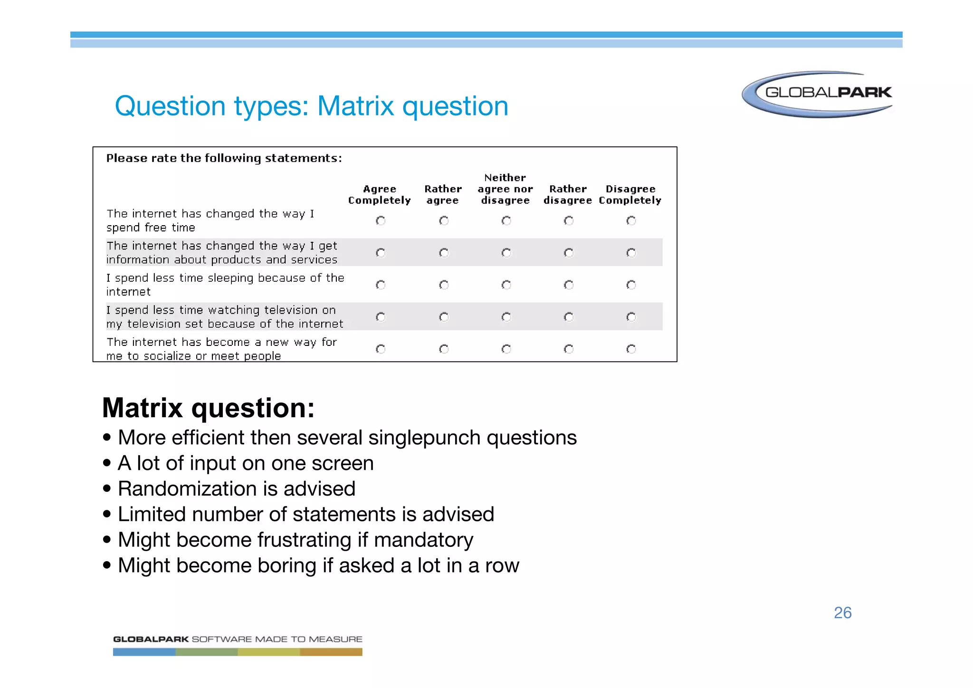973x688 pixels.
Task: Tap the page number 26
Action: coord(842,612)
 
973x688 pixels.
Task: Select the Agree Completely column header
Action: coord(379,195)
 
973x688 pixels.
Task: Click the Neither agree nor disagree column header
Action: coord(505,189)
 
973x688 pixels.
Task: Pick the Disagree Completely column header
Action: coord(630,195)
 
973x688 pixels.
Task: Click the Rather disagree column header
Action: coord(568,195)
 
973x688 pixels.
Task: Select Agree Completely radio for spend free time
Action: coord(381,220)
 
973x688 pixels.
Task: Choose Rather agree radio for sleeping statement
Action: coord(444,285)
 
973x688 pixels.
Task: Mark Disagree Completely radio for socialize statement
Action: coord(631,349)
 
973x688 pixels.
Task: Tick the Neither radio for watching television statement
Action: coord(506,317)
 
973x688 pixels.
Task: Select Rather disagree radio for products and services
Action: coord(569,253)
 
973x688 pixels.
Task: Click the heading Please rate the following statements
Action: coord(224,158)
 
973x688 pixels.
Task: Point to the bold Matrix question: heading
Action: coord(208,408)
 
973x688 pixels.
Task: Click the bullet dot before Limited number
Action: coord(107,514)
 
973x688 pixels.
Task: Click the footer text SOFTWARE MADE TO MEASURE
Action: coord(277,639)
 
